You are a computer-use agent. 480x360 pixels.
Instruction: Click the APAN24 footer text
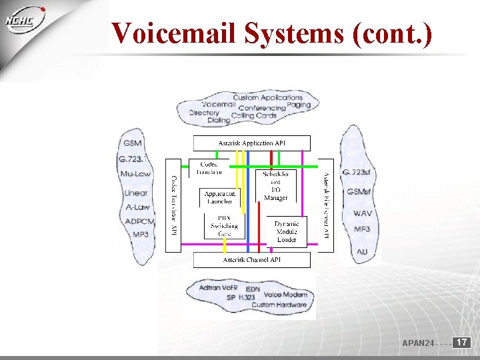click(x=418, y=343)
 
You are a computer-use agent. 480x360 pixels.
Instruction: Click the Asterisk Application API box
click(x=251, y=143)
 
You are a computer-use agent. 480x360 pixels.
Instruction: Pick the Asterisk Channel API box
click(x=251, y=259)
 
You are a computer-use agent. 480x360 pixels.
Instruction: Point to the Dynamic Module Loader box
click(x=287, y=231)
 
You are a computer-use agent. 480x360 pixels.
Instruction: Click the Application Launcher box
click(x=219, y=197)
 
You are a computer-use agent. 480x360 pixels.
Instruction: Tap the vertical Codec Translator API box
click(x=173, y=205)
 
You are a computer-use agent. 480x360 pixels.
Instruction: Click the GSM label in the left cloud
click(x=132, y=143)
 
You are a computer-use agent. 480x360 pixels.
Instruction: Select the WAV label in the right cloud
click(x=363, y=213)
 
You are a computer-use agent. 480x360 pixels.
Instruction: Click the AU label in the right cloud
click(x=362, y=251)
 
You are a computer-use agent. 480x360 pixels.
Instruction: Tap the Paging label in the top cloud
click(x=299, y=105)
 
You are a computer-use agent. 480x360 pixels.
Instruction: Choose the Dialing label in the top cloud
click(x=218, y=121)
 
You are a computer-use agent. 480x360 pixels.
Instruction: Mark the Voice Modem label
click(x=285, y=295)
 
